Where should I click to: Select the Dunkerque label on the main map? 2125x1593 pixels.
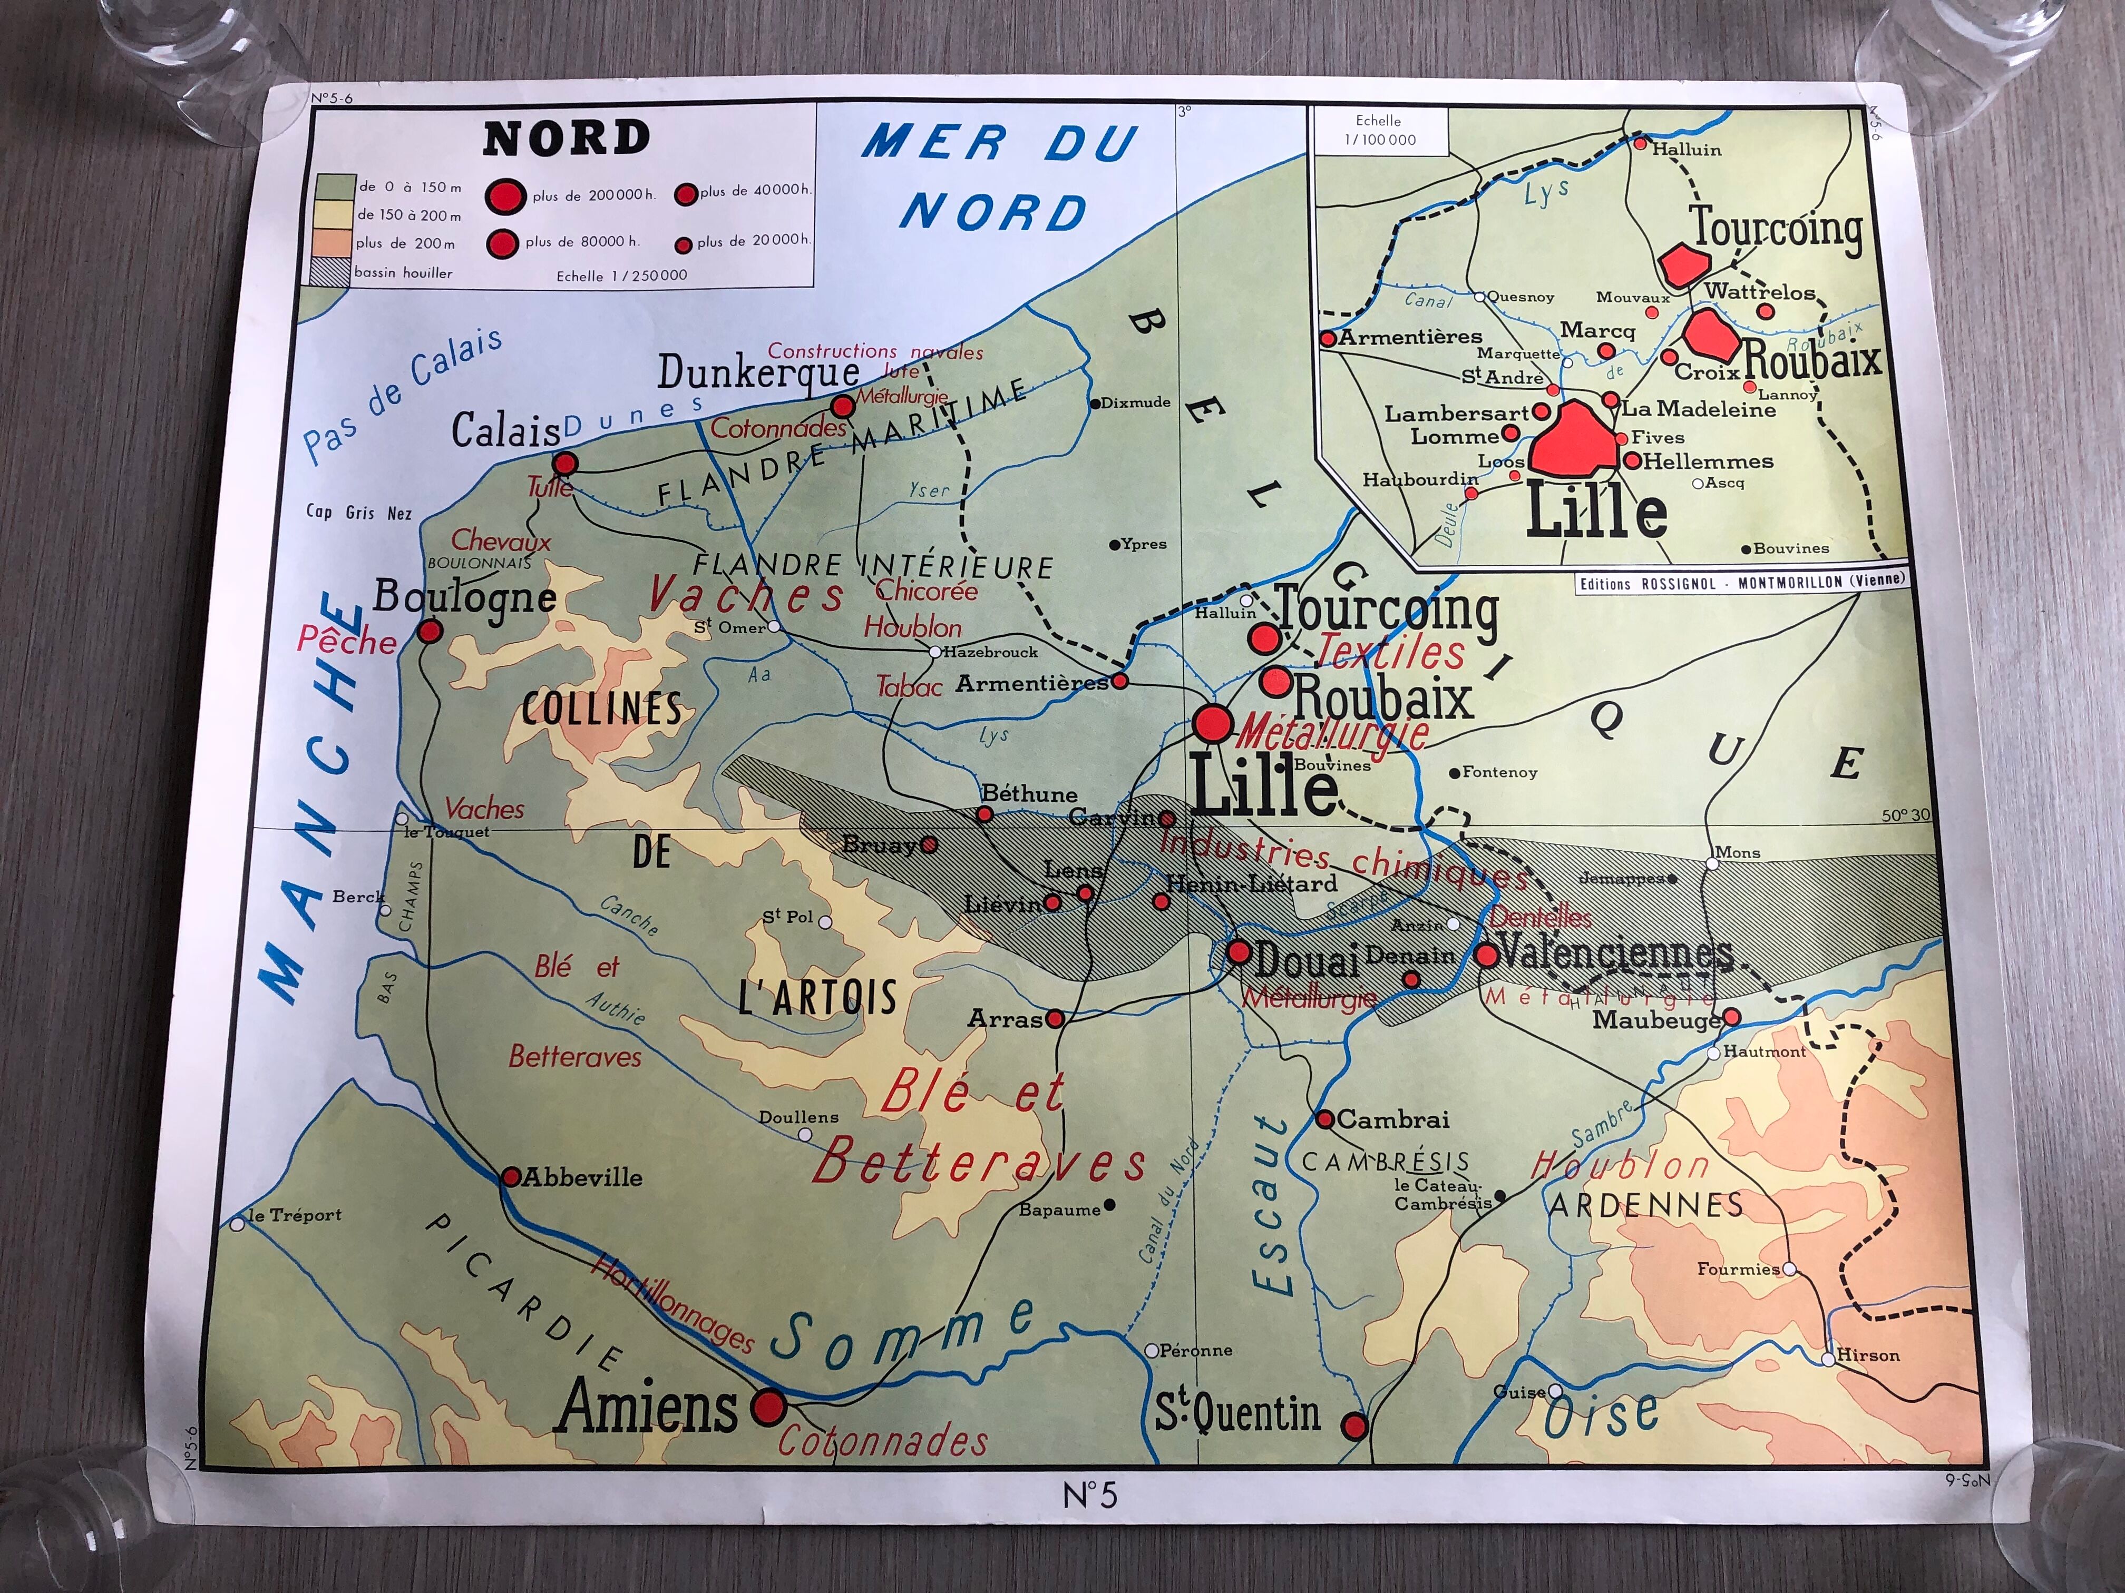758,372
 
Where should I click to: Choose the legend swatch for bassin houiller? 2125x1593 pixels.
328,272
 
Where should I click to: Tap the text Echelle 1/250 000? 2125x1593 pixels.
621,276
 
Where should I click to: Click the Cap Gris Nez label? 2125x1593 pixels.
358,513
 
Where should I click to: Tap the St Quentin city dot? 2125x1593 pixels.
1353,1425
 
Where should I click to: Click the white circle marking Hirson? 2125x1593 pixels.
1828,1359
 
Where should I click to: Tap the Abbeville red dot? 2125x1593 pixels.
511,1177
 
